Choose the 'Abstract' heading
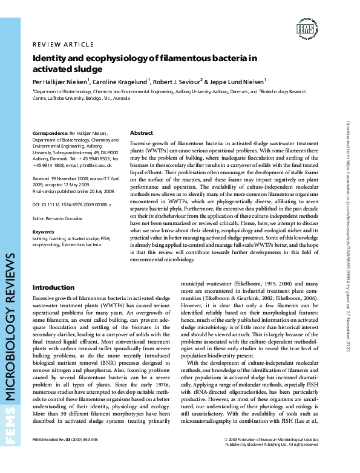(142, 132)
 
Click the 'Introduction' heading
(53, 287)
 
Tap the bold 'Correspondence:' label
(50, 132)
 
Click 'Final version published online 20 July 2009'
(73, 174)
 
